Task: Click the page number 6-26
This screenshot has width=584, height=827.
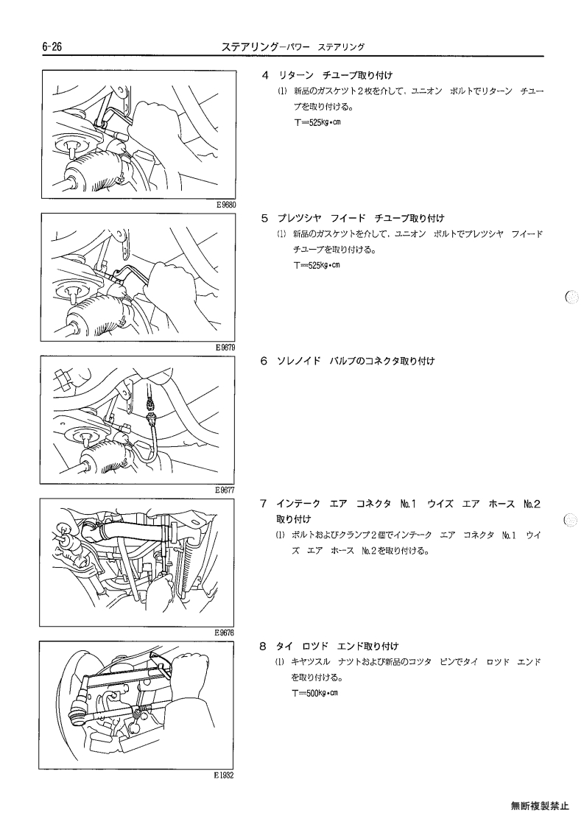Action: point(52,47)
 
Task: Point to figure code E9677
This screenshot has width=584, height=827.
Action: point(225,490)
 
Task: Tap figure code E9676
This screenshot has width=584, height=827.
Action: point(224,633)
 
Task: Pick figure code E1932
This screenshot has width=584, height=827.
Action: point(224,775)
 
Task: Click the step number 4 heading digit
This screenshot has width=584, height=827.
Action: point(265,75)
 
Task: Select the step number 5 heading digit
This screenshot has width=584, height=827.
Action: point(265,218)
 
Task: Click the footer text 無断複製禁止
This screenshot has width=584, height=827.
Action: point(540,806)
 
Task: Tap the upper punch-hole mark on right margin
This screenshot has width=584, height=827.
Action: point(571,298)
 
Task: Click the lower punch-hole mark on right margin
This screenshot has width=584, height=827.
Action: point(571,520)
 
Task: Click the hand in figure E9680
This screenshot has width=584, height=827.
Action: point(158,127)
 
